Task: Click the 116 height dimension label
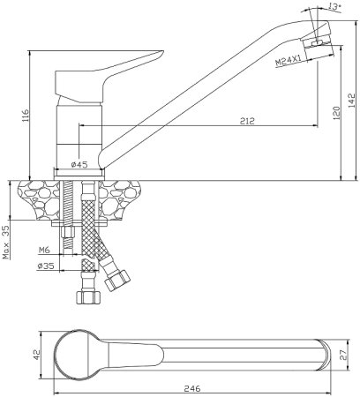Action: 26,116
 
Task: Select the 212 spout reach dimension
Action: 247,121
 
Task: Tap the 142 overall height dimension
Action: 352,101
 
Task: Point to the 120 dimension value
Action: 336,113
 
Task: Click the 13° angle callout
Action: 334,7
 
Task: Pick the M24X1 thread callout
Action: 289,61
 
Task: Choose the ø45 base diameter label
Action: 79,164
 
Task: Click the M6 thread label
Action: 44,251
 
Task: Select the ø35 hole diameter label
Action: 46,266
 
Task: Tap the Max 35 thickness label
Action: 6,242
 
